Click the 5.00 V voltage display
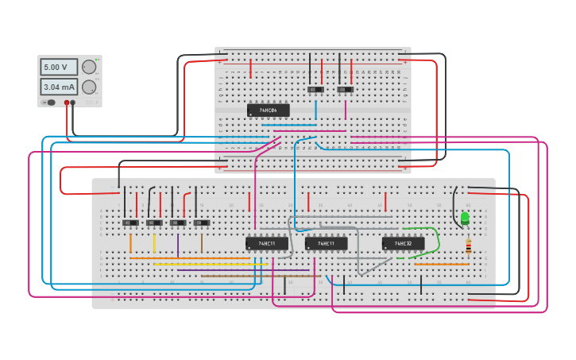59,68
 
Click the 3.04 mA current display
59,87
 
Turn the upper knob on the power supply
89,68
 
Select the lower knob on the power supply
89,87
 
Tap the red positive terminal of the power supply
67,103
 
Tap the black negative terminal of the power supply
73,103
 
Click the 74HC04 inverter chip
268,110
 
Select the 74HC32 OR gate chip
403,243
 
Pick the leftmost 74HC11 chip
267,243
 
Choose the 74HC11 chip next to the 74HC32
327,243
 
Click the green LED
465,218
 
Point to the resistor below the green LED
468,246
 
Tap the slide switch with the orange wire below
130,223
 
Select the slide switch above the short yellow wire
154,223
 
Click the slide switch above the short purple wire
178,223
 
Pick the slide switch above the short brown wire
202,223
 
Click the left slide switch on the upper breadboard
315,91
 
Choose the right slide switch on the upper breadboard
345,91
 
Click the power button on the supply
50,103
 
